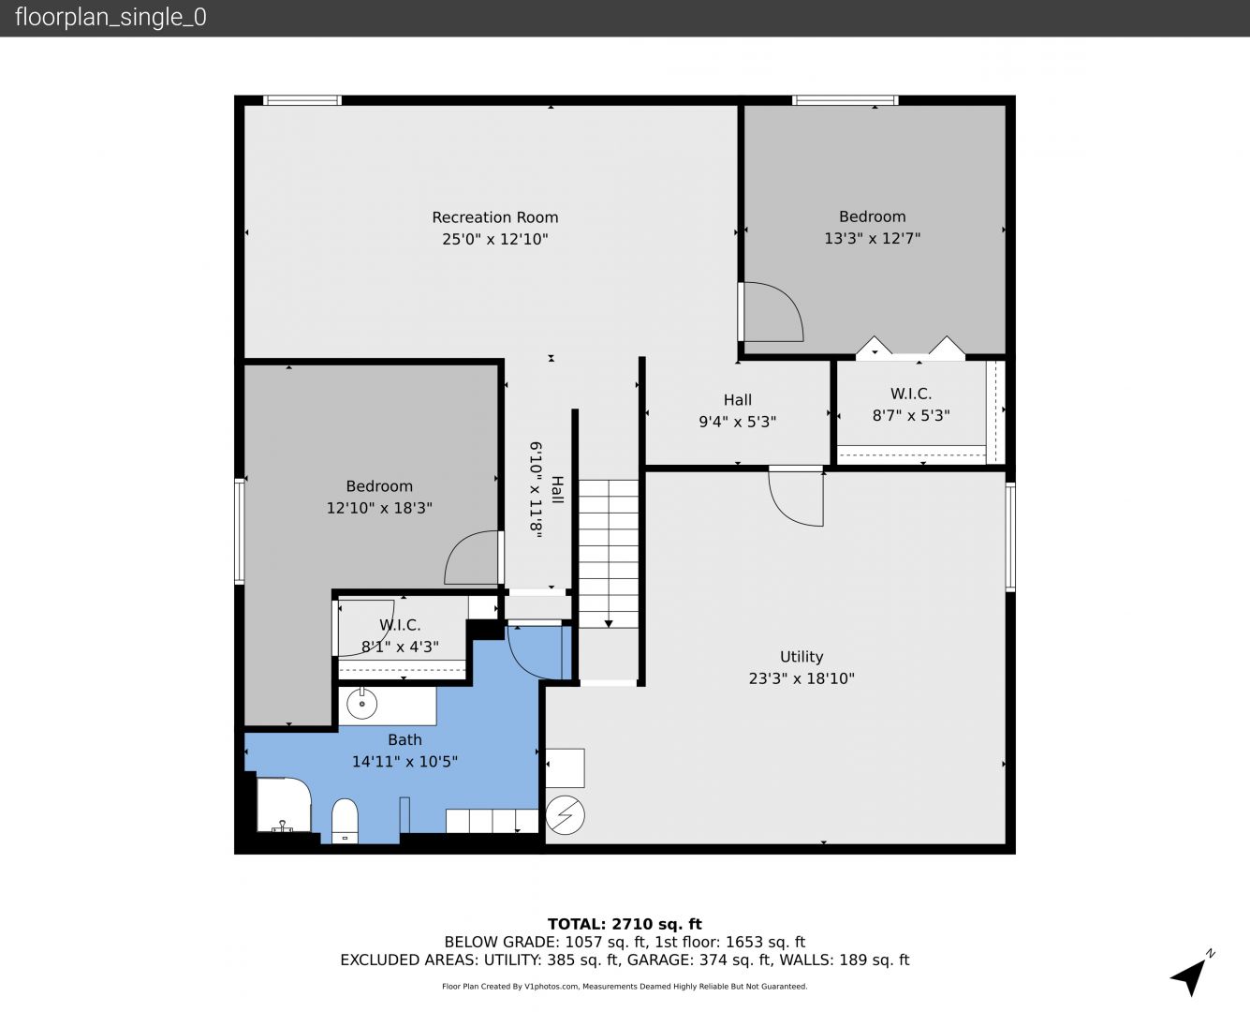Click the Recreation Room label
494,217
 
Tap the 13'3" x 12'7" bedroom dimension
872,238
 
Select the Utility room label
801,657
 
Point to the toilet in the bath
345,820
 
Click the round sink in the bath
362,703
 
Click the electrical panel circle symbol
566,815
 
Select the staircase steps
608,553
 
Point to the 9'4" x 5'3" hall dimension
737,422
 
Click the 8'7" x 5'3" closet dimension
911,416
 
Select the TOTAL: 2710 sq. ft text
625,925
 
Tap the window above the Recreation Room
302,100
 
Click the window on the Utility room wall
1010,536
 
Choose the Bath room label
404,739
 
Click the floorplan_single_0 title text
110,18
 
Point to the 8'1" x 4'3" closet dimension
400,647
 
